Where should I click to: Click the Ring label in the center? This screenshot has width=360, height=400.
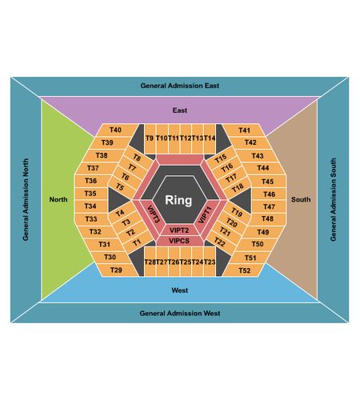point(178,200)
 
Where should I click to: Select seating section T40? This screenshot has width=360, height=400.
point(116,130)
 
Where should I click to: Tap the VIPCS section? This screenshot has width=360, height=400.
point(179,241)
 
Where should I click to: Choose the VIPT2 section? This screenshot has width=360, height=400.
point(179,230)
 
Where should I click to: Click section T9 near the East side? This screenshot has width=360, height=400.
point(150,138)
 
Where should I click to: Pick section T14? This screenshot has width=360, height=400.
point(210,138)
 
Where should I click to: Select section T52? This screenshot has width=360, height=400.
point(245,270)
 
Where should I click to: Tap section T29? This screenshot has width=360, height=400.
point(116,270)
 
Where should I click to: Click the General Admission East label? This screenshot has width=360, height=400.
point(180,86)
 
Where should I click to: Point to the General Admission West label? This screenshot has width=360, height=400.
point(180,313)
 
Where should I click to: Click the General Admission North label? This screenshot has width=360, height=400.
point(26,200)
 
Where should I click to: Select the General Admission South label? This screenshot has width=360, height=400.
point(334,200)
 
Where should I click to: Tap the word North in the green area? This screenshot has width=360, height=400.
point(58,199)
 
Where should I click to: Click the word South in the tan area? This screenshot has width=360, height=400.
point(301,199)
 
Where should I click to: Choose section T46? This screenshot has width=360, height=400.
point(269,194)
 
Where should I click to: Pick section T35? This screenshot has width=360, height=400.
point(90,194)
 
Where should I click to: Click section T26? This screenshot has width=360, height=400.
point(174,262)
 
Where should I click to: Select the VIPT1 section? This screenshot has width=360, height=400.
point(205,215)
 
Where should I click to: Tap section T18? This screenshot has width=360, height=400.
point(237,188)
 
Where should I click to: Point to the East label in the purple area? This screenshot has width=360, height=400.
point(180,110)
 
